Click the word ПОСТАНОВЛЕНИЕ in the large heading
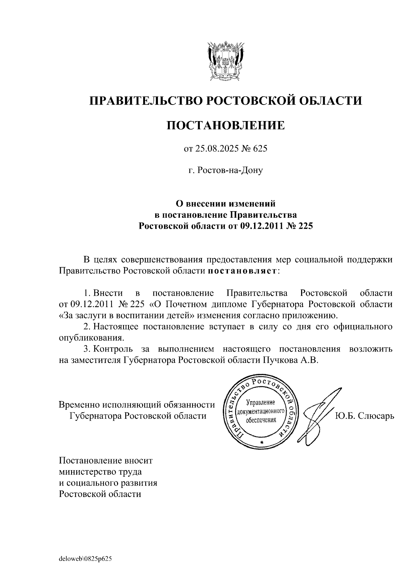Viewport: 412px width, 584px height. pyautogui.click(x=226, y=125)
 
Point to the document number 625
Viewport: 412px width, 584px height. pyautogui.click(x=260, y=149)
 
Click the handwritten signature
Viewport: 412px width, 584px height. pyautogui.click(x=319, y=413)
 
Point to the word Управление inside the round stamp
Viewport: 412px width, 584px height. pyautogui.click(x=261, y=403)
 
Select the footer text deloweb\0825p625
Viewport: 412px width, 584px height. pyautogui.click(x=85, y=559)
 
